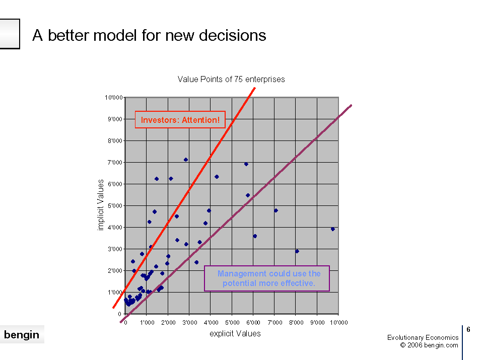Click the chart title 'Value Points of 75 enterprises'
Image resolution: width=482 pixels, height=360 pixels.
pyautogui.click(x=231, y=80)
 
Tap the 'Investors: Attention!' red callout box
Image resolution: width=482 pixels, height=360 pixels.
pyautogui.click(x=180, y=120)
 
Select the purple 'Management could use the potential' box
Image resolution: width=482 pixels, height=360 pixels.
pyautogui.click(x=267, y=278)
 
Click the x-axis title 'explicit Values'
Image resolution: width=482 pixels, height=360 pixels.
pyautogui.click(x=235, y=333)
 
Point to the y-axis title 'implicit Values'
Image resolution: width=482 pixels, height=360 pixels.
pyautogui.click(x=101, y=205)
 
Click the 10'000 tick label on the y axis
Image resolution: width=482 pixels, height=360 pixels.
pyautogui.click(x=114, y=98)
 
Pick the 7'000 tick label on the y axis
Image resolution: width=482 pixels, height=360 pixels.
pyautogui.click(x=115, y=162)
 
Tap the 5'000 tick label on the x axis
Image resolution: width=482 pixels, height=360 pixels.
pyautogui.click(x=232, y=323)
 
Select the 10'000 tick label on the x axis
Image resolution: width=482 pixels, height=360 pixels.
pyautogui.click(x=339, y=323)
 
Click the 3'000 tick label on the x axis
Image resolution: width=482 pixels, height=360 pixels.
pyautogui.click(x=190, y=323)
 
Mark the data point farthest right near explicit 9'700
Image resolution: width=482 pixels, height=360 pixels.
pyautogui.click(x=332, y=229)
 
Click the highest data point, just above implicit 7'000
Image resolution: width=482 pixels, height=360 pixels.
pyautogui.click(x=186, y=160)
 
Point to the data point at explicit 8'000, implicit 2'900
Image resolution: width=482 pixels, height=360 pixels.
pyautogui.click(x=297, y=251)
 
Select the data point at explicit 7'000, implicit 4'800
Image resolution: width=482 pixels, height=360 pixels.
pyautogui.click(x=276, y=210)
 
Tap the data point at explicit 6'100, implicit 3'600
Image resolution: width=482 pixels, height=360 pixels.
pyautogui.click(x=255, y=236)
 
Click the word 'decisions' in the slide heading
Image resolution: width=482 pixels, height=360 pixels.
pyautogui.click(x=232, y=35)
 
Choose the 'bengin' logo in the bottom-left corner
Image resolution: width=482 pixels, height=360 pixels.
pyautogui.click(x=22, y=334)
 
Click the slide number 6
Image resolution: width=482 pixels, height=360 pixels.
pyautogui.click(x=468, y=330)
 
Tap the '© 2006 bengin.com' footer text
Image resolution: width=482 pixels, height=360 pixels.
pyautogui.click(x=429, y=345)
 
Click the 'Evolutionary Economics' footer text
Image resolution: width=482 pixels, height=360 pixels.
pyautogui.click(x=423, y=337)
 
